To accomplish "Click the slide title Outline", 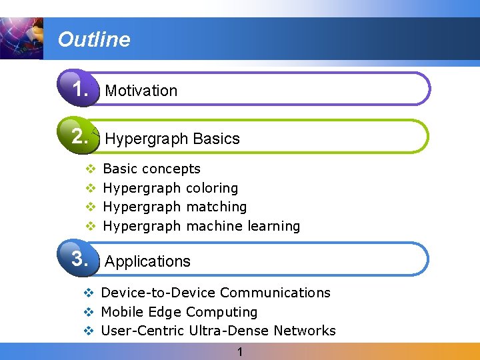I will [x=94, y=39].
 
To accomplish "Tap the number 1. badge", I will [x=80, y=89].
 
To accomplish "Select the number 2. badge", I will [x=80, y=137].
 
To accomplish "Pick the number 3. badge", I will [x=80, y=259].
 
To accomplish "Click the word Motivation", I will [x=141, y=91].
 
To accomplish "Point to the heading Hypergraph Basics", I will [x=172, y=139].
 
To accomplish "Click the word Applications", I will [x=148, y=261].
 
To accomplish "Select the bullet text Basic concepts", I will [x=152, y=169].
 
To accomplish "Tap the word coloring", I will [x=212, y=188].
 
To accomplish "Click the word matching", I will [x=217, y=207].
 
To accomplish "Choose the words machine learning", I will [x=243, y=226].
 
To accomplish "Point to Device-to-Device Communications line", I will [x=215, y=293].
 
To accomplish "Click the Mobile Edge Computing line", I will [x=179, y=312].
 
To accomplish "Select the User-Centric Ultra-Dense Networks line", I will [x=218, y=331].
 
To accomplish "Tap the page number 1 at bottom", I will [x=240, y=351].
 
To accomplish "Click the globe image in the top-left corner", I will [x=20, y=38].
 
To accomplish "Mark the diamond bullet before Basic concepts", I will [x=91, y=169].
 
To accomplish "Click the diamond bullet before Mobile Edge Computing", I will [x=89, y=312].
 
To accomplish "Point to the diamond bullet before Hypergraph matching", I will [x=91, y=207].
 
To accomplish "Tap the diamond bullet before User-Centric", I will [x=89, y=331].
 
